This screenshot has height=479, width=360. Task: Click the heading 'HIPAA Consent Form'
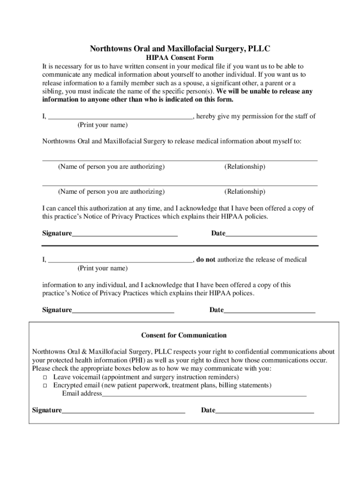click(x=180, y=58)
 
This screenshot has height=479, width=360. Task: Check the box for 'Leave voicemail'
click(x=45, y=377)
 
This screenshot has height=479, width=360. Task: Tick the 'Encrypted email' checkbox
click(x=45, y=386)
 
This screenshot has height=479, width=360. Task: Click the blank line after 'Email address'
click(x=204, y=394)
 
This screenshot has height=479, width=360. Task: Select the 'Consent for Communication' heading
click(x=184, y=335)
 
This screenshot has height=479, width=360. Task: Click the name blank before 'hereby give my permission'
click(x=120, y=117)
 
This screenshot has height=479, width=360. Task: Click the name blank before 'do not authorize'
click(x=120, y=260)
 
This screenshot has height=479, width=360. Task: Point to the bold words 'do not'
click(x=206, y=260)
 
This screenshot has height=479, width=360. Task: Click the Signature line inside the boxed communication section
click(x=123, y=411)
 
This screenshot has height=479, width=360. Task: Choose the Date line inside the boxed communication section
click(x=264, y=411)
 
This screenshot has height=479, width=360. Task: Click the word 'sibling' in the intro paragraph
click(x=52, y=92)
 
